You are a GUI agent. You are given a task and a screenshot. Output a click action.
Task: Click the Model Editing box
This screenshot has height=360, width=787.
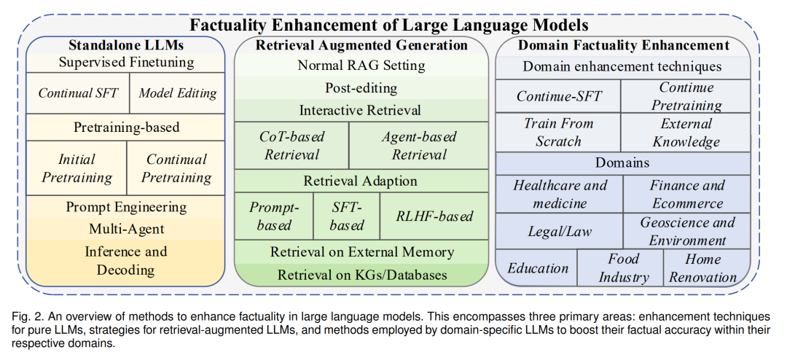pos(177,93)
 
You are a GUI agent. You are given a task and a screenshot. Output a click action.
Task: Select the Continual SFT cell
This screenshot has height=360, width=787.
pos(78,93)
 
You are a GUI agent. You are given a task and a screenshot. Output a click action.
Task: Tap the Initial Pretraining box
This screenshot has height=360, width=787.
pos(77,168)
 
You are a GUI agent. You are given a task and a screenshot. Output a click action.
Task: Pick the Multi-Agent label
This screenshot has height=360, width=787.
pos(127,229)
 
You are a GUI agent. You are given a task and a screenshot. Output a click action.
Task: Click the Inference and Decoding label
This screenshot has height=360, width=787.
pos(126,261)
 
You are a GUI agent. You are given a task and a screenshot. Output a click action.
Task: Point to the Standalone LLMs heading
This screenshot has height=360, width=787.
pos(126,45)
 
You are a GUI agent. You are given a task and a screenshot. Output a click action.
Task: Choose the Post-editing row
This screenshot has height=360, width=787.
pos(361,88)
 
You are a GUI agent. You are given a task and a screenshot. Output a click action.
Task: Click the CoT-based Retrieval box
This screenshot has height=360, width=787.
pos(291,145)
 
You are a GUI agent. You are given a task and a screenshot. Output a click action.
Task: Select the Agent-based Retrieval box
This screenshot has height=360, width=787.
pos(418,145)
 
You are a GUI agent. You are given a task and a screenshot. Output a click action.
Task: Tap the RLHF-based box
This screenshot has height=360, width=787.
pos(434,216)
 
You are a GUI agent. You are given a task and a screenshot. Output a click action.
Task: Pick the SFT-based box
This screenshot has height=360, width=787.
pos(347,216)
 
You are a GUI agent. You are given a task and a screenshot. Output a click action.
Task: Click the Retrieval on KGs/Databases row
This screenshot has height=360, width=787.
pos(361,275)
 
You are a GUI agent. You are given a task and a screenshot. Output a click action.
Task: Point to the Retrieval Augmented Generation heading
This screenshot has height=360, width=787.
pos(361,45)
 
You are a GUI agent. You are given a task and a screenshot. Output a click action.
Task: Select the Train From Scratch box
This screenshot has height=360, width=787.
pos(558,132)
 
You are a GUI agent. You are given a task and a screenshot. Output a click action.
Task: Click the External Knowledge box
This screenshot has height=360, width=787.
pos(686,132)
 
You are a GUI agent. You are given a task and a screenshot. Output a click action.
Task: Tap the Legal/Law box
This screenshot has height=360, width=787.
pos(560,231)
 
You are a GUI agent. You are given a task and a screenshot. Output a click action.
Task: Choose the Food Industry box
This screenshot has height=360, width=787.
pos(620,267)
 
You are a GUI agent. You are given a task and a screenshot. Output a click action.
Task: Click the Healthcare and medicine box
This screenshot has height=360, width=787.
pos(560,194)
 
